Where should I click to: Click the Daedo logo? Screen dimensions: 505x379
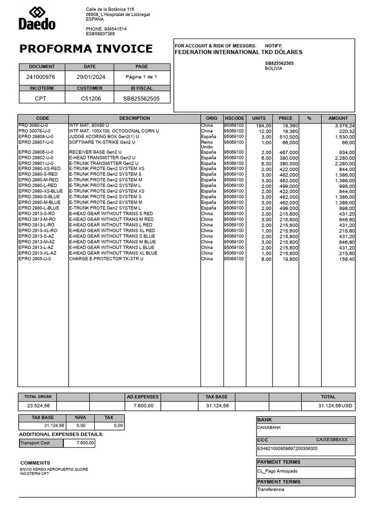point(37,18)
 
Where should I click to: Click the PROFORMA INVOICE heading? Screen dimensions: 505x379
point(86,49)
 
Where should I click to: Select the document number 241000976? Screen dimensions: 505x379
point(40,77)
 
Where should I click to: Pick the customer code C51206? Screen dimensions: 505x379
point(91,98)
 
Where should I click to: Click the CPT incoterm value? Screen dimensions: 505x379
point(40,98)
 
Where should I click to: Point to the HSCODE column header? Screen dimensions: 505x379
point(234,118)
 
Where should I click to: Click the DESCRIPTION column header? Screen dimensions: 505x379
point(134,118)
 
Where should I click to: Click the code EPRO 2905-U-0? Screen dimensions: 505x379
point(36,259)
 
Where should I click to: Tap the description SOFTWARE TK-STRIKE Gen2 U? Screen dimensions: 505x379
point(102,143)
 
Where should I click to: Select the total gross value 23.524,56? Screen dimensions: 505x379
point(38,405)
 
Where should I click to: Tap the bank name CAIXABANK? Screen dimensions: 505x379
point(269,428)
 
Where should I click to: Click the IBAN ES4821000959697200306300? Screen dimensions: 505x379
point(287,449)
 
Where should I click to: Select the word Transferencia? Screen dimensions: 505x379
point(270,490)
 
